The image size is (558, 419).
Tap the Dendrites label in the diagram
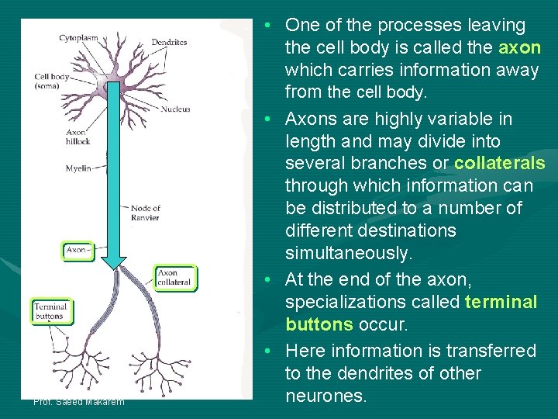pos(169,42)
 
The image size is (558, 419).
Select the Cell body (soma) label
pos(52,81)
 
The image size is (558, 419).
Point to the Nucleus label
pos(175,109)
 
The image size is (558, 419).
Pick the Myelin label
pos(78,168)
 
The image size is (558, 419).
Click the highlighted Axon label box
pos(78,251)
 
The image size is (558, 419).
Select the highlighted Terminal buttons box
pos(51,311)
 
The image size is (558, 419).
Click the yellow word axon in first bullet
pos(519,47)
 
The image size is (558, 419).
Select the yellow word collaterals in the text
pos(499,164)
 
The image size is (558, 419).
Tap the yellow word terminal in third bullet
pos(501,301)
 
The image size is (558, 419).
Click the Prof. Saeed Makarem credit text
pos(78,401)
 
